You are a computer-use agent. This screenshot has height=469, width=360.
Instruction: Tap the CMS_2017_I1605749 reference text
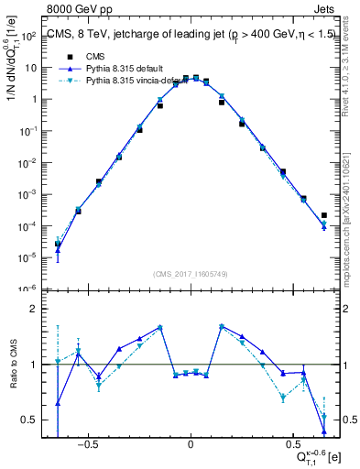pos(191,274)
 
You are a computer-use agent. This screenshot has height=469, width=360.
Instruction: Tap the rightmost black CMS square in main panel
pos(324,216)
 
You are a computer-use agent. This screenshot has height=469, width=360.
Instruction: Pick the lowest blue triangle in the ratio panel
pos(324,431)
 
